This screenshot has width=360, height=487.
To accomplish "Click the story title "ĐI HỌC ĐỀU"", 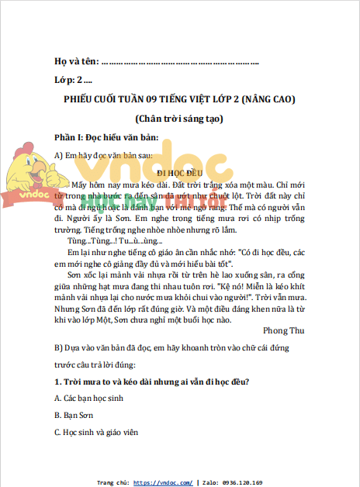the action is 179,171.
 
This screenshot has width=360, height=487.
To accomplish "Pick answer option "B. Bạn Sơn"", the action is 76,415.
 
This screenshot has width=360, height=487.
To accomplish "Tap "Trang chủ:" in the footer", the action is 112,482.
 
